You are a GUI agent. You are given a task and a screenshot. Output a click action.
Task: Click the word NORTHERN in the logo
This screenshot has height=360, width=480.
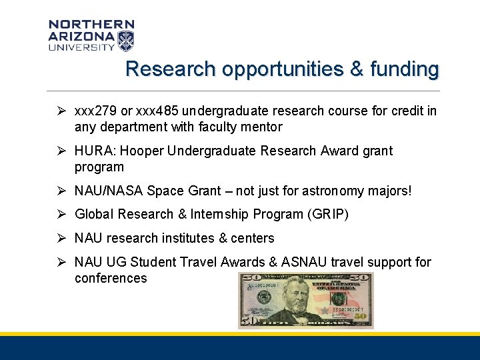coord(91,25)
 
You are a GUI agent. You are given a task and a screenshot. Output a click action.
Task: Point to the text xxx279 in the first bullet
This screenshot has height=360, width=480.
coord(96,111)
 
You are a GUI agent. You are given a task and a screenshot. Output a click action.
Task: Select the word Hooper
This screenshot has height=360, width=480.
coord(143,151)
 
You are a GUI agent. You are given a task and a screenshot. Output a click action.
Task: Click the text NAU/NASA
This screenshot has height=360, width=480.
coord(109,191)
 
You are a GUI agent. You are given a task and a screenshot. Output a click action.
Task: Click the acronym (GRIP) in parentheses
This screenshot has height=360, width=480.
coord(327,214)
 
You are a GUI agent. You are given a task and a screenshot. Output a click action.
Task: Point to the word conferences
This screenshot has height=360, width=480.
coord(111,278)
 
